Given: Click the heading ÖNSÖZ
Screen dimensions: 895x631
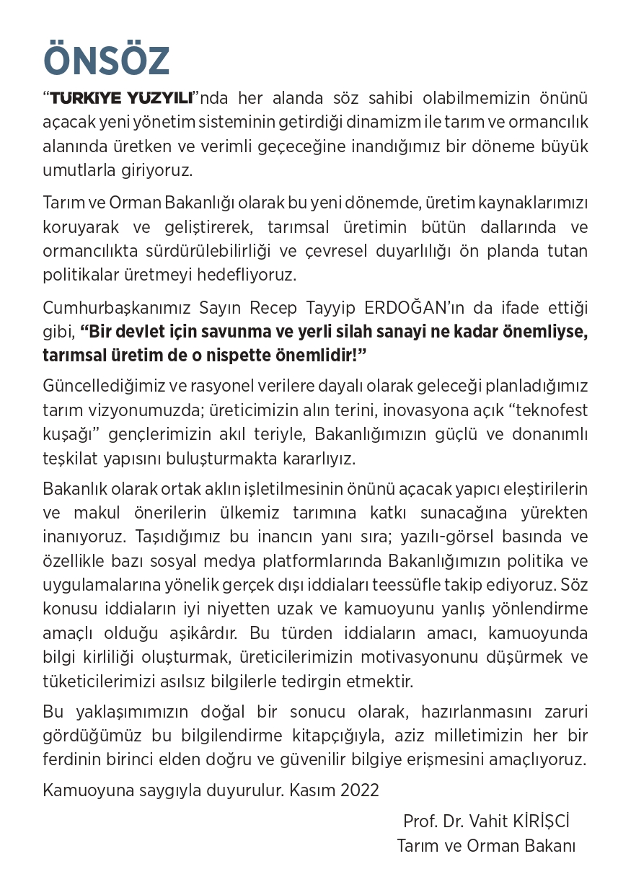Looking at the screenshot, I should (107, 61).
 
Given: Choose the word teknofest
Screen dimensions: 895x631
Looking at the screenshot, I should (550, 410).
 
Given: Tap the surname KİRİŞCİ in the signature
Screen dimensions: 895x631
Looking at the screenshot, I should (540, 821).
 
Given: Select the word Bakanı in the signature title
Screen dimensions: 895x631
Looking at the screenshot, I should (552, 846).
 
